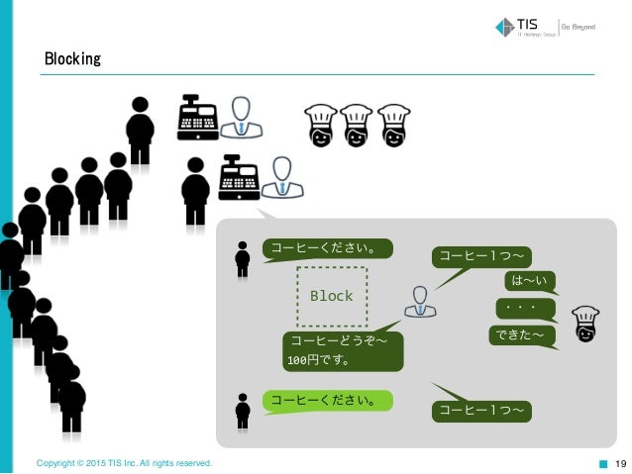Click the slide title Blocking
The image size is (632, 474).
[72, 59]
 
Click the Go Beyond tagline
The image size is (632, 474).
[579, 27]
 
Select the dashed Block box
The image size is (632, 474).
[331, 296]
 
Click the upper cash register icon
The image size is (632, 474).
[197, 119]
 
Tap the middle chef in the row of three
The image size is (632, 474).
[357, 126]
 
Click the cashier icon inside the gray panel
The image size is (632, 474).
[420, 301]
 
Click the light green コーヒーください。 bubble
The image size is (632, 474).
[327, 401]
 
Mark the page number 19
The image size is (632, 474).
[621, 463]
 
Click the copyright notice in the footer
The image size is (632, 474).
[124, 463]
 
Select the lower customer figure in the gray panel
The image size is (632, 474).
[243, 410]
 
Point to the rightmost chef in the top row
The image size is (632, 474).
[393, 126]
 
